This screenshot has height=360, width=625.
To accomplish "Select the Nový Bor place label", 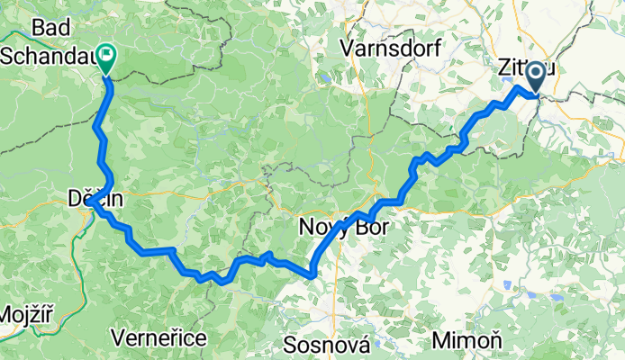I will (343, 228).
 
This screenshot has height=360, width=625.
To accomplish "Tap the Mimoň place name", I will (462, 340).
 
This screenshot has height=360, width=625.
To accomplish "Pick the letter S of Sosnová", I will (289, 345).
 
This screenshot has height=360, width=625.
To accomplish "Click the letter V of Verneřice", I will (117, 337).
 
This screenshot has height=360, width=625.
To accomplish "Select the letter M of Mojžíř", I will (5, 317).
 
